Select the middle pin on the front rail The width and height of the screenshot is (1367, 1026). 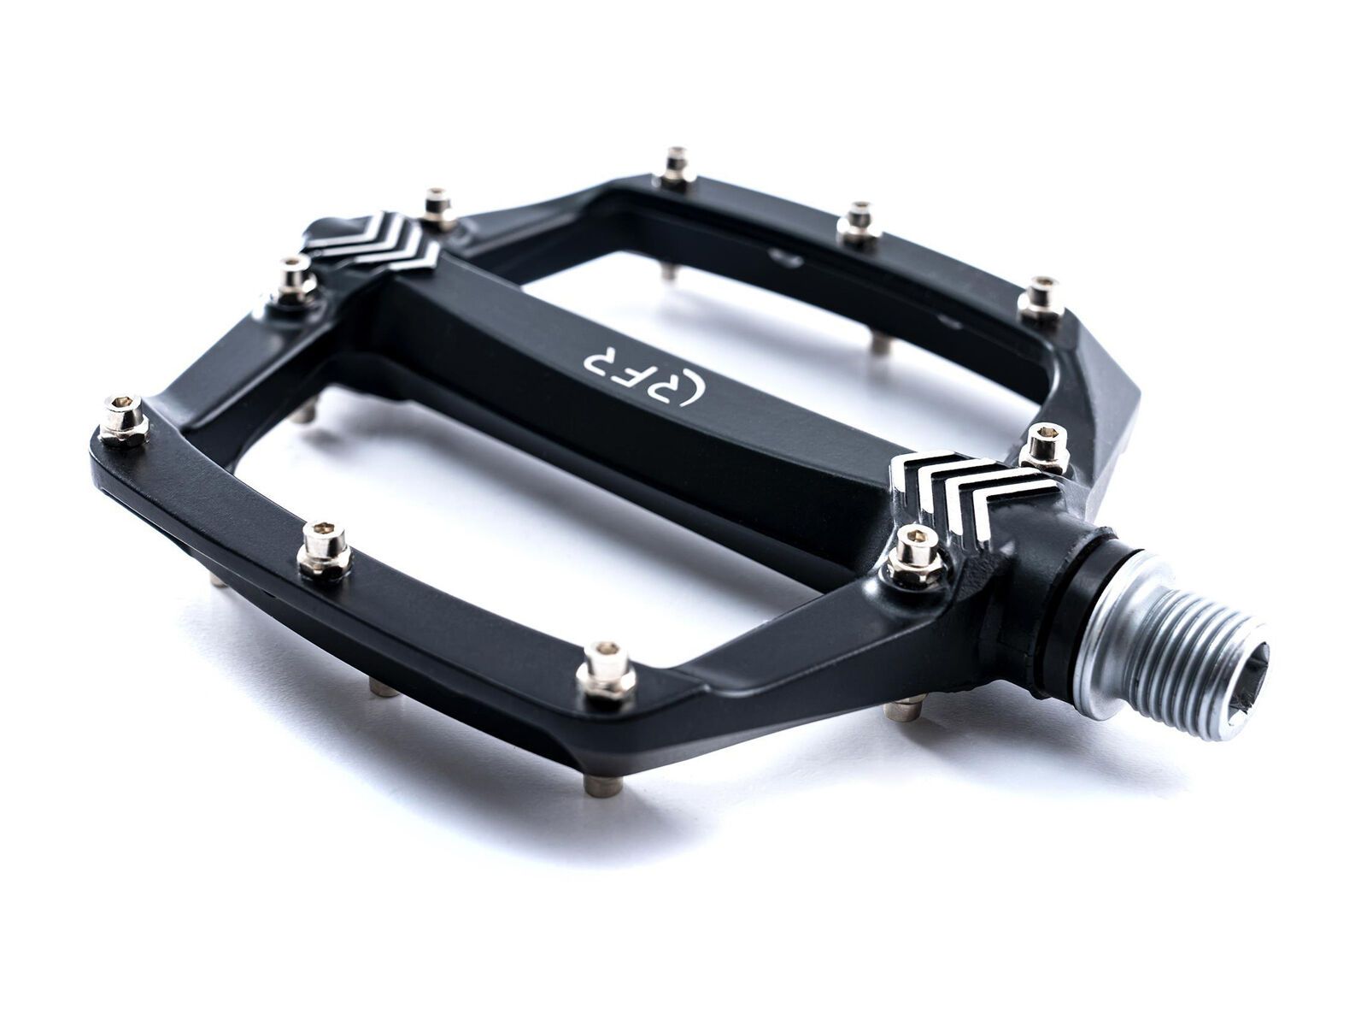(325, 551)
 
